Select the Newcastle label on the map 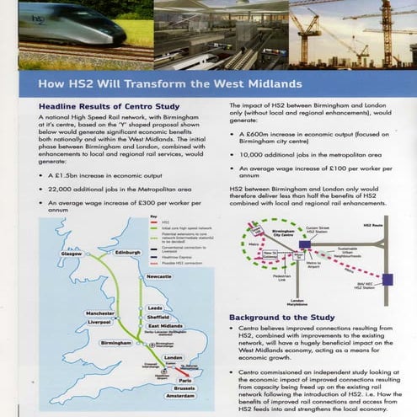tap(158, 276)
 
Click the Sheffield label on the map tap(159, 317)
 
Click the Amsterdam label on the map tap(180, 395)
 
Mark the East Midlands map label tap(165, 326)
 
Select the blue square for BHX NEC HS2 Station tap(386, 278)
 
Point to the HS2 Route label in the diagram tap(372, 226)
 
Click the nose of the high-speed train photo tap(118, 33)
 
